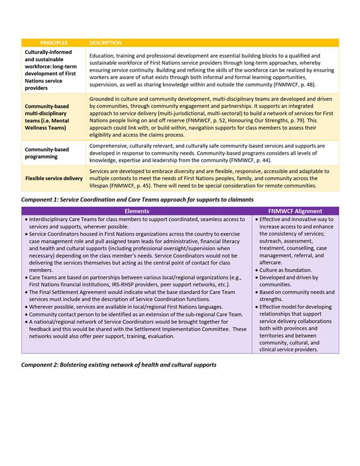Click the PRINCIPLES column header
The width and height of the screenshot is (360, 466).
pos(54,43)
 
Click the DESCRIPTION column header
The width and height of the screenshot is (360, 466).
pos(105,43)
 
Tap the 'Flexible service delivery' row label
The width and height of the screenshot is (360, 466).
pos(54,178)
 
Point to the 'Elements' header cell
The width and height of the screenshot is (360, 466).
pos(137,211)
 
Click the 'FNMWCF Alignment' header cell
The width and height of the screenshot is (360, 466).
pos(296,211)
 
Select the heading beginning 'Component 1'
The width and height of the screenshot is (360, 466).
pos(137,199)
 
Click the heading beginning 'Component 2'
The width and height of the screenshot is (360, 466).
pos(118,364)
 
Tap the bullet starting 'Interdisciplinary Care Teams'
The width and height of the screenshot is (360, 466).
pos(135,223)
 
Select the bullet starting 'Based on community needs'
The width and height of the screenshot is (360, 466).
pos(296,296)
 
